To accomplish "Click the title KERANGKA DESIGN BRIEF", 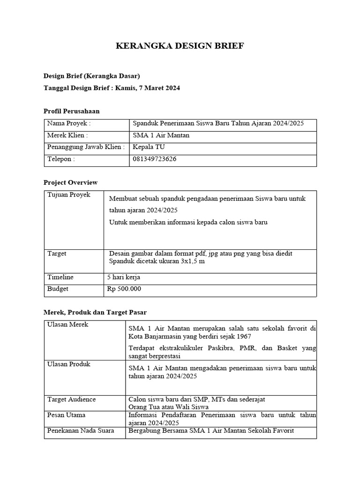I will pyautogui.click(x=180, y=46).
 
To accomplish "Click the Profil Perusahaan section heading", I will pyautogui.click(x=71, y=111).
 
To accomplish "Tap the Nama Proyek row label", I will pyautogui.click(x=69, y=124).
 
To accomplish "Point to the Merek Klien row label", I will pyautogui.click(x=67, y=135).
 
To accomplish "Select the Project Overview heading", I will pyautogui.click(x=70, y=182).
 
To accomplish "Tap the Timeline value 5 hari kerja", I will pyautogui.click(x=124, y=277).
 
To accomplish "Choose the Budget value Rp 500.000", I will pyautogui.click(x=124, y=289).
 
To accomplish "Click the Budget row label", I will pyautogui.click(x=58, y=289).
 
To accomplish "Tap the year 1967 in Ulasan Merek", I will pyautogui.click(x=243, y=337).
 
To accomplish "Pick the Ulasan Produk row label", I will pyautogui.click(x=69, y=364).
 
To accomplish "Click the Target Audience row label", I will pyautogui.click(x=72, y=399).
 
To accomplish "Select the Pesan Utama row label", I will pyautogui.click(x=67, y=415).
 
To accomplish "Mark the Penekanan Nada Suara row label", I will pyautogui.click(x=81, y=431).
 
